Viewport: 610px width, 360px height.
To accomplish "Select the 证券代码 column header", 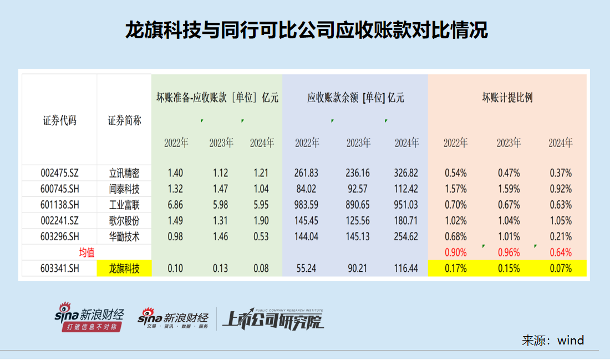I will (59, 120).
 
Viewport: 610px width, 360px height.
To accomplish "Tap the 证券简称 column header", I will (124, 120).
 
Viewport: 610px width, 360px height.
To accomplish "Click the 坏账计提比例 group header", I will (507, 98).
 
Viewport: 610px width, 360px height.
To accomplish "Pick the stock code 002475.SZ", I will (59, 173).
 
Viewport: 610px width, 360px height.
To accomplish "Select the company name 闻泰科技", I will (124, 189).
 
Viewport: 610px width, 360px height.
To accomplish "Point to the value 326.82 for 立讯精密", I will (406, 173).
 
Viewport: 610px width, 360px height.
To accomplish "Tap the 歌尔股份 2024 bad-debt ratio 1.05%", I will (561, 221).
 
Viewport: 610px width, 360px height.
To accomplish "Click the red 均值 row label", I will (87, 253).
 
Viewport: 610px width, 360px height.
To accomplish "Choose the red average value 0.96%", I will (509, 253).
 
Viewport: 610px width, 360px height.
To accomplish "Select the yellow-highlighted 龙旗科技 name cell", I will (124, 269).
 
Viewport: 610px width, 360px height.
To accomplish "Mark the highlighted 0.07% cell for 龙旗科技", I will (561, 269).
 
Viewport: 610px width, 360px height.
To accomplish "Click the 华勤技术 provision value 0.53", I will (262, 237).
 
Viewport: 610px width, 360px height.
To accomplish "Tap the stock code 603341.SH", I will (59, 269).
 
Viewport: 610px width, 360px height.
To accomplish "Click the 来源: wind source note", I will (552, 340).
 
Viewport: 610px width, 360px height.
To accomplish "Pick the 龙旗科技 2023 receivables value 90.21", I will (358, 269).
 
